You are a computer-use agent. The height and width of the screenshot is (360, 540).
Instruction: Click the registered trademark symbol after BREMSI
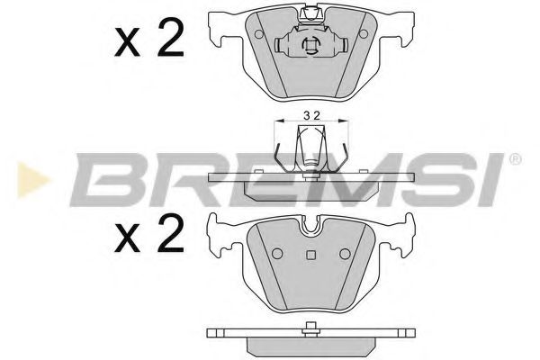click(x=516, y=159)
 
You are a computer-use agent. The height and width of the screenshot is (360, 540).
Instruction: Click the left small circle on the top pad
click(x=259, y=34)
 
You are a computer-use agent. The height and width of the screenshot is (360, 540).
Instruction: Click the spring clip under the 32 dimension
click(x=311, y=148)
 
